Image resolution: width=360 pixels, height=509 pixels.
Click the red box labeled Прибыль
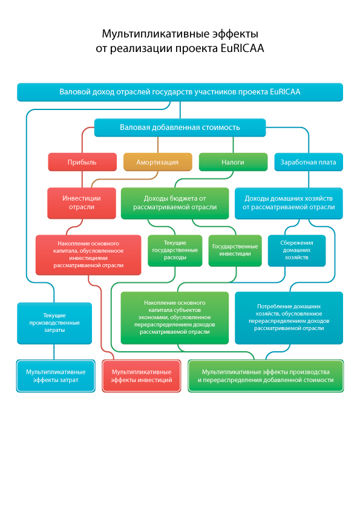pos(82,161)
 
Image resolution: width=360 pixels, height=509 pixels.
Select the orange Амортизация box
pos(157,161)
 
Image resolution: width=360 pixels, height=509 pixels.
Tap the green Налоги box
pos(233,161)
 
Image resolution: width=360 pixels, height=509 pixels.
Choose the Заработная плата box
pos(309,161)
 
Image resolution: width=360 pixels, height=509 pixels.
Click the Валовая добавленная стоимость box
pos(180,127)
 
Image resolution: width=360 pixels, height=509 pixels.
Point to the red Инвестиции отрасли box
pos(82,203)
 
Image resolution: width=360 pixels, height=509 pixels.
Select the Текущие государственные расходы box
pos(175,250)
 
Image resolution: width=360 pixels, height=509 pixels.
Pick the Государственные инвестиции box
pos(235,250)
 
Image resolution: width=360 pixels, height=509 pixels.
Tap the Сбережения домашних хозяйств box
pos(296,250)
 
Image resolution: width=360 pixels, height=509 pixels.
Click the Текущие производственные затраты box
pos(54,323)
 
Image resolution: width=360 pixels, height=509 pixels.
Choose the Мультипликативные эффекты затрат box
pos(56,376)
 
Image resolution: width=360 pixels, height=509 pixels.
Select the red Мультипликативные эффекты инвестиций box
pos(142,376)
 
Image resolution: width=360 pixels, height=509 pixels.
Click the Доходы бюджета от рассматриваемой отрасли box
pos(175,203)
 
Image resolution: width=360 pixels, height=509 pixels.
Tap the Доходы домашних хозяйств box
pos(289,203)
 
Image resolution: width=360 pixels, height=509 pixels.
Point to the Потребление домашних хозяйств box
pos(289,317)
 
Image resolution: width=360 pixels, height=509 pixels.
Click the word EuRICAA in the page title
pos(242,48)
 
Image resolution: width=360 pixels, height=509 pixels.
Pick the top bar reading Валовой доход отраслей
pos(180,92)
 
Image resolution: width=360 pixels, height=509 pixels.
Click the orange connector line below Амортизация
pos(125,179)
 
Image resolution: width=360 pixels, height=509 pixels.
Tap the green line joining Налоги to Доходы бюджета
pos(204,179)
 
